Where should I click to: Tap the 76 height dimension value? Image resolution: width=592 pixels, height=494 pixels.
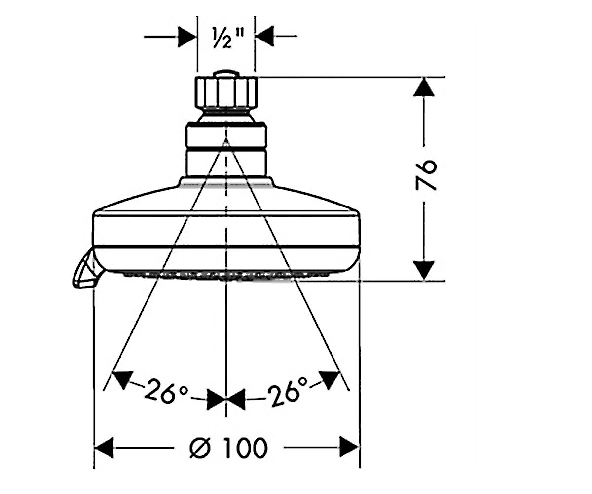click(x=425, y=174)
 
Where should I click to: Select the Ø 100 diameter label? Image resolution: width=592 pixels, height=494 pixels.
click(x=228, y=448)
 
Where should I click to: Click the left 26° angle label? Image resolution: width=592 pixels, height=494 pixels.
click(x=166, y=391)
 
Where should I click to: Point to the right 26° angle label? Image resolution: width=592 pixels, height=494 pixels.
click(x=288, y=391)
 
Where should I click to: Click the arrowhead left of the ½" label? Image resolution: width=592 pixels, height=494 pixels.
click(x=187, y=37)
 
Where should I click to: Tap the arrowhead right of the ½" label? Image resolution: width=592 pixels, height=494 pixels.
click(x=265, y=36)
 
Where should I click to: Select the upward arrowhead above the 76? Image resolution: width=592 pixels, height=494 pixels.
click(x=424, y=87)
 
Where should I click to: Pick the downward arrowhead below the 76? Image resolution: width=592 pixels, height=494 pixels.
click(x=424, y=270)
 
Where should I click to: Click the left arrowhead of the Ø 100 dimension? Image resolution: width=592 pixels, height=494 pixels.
click(x=104, y=448)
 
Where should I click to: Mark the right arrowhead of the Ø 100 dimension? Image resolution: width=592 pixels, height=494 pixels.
click(x=349, y=447)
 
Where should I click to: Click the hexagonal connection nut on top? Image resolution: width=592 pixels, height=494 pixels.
click(x=226, y=92)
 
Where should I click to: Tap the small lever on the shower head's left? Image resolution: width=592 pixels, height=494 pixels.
click(x=84, y=269)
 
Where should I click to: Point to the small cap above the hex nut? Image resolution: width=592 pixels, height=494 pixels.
click(x=226, y=73)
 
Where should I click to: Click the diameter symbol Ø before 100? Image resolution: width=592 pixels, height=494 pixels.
click(x=200, y=448)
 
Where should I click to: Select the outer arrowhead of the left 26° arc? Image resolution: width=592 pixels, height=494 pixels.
click(x=123, y=379)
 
